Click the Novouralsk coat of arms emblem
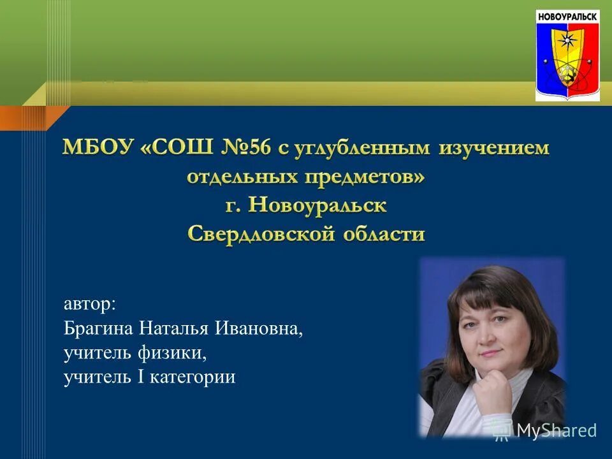point(567,60)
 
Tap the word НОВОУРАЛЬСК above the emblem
point(567,16)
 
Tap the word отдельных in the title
point(240,177)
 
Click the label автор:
point(90,305)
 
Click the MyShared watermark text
point(556,430)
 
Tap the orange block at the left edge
point(25,118)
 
